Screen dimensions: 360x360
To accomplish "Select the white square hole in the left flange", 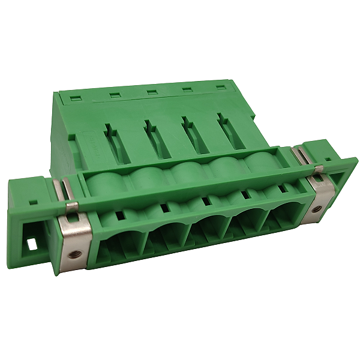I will (x=32, y=245).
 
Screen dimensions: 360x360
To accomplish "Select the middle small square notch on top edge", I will (x=152, y=92).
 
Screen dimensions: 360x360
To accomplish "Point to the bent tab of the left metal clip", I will (x=71, y=207).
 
